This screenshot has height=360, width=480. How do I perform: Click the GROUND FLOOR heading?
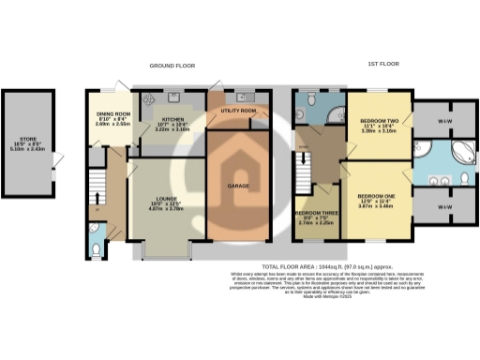coord(171,66)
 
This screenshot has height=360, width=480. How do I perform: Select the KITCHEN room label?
coord(173,120)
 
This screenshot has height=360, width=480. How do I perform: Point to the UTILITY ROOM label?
coord(238,111)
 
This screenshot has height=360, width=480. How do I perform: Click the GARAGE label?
coord(237,185)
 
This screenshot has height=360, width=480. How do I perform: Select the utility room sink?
coord(246,97)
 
